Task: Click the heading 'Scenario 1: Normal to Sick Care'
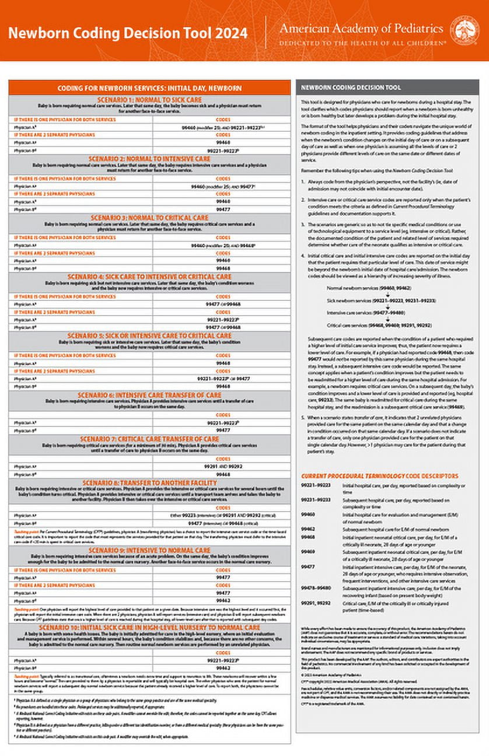[149, 99]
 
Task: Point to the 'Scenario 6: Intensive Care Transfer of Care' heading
[149, 395]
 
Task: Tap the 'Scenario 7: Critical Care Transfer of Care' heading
[149, 439]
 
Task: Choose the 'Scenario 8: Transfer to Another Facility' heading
[149, 482]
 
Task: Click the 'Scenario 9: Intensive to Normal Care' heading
[149, 549]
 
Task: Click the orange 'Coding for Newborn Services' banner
[149, 87]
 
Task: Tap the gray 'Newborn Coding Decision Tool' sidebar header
[351, 87]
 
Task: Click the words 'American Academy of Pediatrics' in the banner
[361, 28]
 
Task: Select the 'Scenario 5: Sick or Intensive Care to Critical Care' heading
[149, 335]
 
